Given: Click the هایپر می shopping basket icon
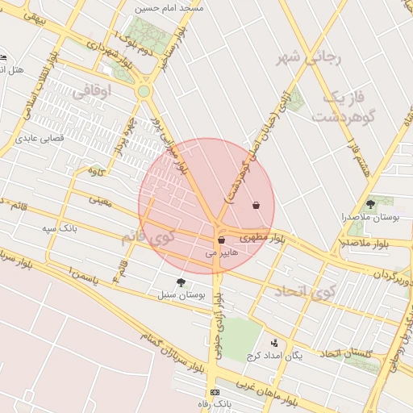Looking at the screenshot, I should (221, 240).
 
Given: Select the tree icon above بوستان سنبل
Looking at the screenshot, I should (181, 282).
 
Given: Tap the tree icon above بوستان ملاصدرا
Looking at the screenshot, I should (370, 204).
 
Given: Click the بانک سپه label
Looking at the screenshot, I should (60, 228).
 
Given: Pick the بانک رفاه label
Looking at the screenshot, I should (215, 403).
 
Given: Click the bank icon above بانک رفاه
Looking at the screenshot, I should (215, 391).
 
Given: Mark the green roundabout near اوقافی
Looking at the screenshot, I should (144, 92).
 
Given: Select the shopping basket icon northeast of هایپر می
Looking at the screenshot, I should (257, 205).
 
